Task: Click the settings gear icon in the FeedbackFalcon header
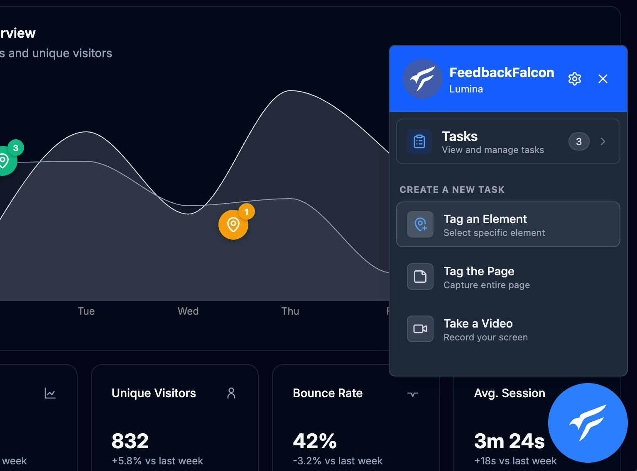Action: point(575,79)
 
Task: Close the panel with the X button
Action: point(603,79)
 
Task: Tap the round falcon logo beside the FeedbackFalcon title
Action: point(422,79)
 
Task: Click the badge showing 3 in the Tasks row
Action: point(579,142)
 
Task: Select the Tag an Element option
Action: point(508,225)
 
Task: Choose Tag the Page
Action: point(508,277)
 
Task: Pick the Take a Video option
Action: point(508,329)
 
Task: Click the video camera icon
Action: point(420,329)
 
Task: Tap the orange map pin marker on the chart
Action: point(233,225)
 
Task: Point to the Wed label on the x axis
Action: point(188,311)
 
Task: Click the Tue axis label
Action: point(86,311)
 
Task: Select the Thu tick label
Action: point(290,311)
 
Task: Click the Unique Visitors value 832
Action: point(130,441)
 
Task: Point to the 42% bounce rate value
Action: point(315,441)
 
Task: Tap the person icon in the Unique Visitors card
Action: point(231,393)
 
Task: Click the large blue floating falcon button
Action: point(588,423)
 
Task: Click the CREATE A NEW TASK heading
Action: point(452,190)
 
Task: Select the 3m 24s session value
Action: point(509,441)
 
